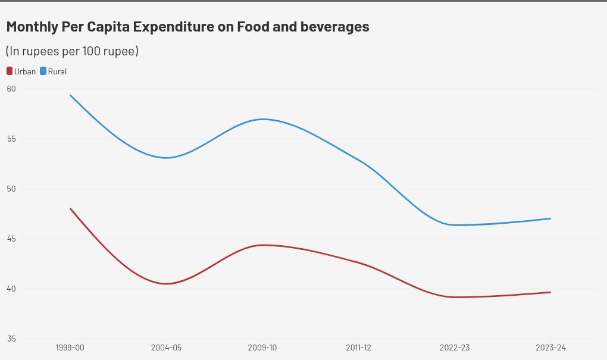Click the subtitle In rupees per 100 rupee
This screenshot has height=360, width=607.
pos(72,51)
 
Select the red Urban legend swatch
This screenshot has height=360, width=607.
pos(10,71)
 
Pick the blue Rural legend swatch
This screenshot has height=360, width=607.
pos(43,71)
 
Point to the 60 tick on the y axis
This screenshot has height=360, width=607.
pos(11,89)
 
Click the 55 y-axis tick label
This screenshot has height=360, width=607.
pos(11,139)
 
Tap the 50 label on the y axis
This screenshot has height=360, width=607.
pos(11,189)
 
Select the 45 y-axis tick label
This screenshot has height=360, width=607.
pos(11,239)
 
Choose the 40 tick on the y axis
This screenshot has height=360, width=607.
pos(11,289)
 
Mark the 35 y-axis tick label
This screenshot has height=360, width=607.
pos(11,339)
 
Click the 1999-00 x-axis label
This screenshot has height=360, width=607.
pos(70,348)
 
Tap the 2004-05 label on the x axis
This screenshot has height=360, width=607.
pos(167,348)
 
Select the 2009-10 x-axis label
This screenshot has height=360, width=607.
pos(262,348)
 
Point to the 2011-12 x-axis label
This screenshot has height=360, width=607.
pos(358,348)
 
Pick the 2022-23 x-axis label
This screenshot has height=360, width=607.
pos(455,348)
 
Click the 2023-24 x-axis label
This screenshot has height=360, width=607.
pos(550,348)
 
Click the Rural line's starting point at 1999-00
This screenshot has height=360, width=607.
pos(70,95)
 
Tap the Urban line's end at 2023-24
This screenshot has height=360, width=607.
pos(550,292)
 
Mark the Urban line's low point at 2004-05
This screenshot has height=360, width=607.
pos(167,284)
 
